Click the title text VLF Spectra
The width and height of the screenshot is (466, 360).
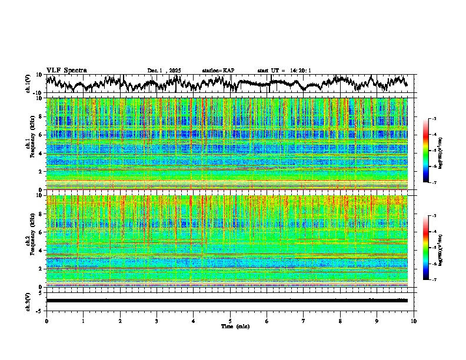pyautogui.click(x=66, y=70)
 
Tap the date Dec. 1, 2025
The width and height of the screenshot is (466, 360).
pyautogui.click(x=164, y=71)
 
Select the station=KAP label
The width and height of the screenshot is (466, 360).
pyautogui.click(x=218, y=71)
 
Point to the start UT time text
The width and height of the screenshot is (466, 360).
pyautogui.click(x=284, y=71)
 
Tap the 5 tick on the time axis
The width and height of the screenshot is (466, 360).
pyautogui.click(x=230, y=321)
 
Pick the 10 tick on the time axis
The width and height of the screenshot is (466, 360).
pyautogui.click(x=414, y=321)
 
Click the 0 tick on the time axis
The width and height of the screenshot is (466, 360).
pyautogui.click(x=46, y=321)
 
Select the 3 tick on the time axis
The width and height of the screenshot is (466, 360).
pyautogui.click(x=157, y=321)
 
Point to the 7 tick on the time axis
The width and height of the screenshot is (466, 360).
pyautogui.click(x=304, y=321)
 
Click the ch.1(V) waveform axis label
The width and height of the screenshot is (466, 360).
pyautogui.click(x=28, y=84)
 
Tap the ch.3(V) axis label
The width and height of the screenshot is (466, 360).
pyautogui.click(x=28, y=300)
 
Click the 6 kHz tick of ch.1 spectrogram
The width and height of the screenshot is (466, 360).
pyautogui.click(x=41, y=135)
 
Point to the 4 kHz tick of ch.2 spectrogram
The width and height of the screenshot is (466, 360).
pyautogui.click(x=41, y=250)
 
